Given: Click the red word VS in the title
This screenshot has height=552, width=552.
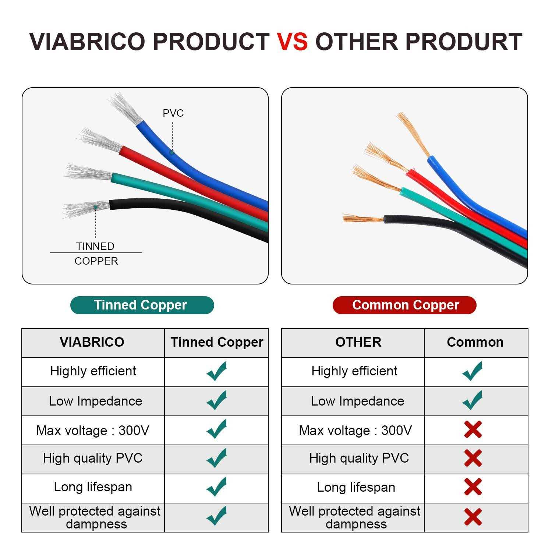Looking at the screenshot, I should click(292, 41).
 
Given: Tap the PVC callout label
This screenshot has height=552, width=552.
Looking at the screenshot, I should click(173, 113).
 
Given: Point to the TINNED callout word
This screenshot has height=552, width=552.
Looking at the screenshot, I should click(95, 246).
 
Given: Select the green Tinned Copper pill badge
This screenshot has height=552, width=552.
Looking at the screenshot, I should click(142, 305).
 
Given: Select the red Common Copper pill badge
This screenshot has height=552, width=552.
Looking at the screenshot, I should click(404, 305).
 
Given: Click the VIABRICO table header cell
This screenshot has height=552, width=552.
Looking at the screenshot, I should click(92, 342).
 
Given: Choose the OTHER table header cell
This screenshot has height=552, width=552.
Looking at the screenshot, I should click(358, 342).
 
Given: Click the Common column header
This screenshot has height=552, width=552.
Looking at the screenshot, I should click(475, 342).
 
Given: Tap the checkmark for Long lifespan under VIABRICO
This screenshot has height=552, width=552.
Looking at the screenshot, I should click(216, 487).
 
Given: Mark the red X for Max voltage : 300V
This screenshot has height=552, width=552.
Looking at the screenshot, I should click(473, 429).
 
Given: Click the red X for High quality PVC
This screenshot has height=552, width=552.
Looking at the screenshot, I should click(473, 458).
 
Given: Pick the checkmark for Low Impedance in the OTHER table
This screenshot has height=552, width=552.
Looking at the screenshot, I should click(472, 400).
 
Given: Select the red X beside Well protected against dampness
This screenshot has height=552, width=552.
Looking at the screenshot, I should click(473, 517).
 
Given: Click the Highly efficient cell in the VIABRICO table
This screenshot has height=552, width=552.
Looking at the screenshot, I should click(93, 371).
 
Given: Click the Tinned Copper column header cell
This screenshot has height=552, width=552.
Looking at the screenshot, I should click(217, 342).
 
